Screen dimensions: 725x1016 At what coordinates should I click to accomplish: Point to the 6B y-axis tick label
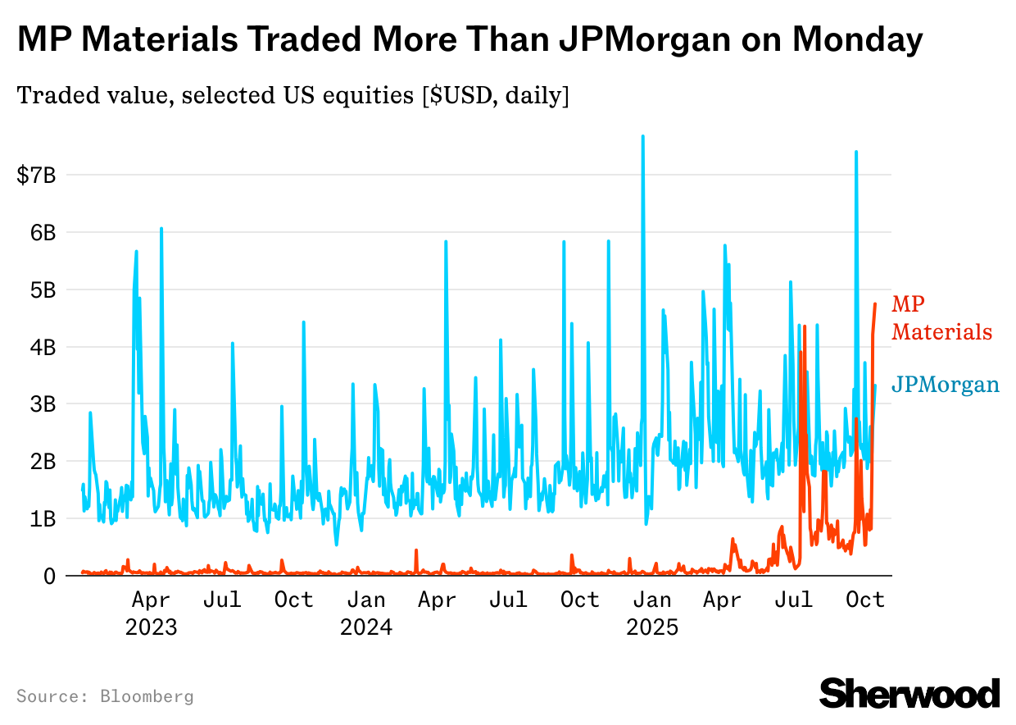tap(39, 232)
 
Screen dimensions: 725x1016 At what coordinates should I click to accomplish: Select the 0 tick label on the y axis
tap(50, 576)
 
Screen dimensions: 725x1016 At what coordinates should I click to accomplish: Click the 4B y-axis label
tap(39, 347)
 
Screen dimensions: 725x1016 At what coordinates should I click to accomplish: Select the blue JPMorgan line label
tap(945, 385)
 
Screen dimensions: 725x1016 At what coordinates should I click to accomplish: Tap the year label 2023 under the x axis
tap(151, 628)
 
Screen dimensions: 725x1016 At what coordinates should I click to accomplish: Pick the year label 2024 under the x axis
tap(366, 628)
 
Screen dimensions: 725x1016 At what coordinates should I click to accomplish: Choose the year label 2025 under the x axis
tap(652, 628)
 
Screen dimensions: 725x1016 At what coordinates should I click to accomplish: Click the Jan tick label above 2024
tap(366, 600)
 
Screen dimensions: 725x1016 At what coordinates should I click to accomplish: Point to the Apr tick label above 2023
tap(151, 600)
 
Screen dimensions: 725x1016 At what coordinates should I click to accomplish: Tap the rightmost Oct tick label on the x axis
tap(865, 600)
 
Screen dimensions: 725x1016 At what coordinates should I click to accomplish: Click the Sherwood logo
tap(909, 693)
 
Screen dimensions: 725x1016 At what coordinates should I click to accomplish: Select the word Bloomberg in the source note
tap(147, 697)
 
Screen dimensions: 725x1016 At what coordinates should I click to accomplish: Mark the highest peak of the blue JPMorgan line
tap(642, 136)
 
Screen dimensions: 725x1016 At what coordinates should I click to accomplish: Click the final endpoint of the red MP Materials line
tap(875, 304)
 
